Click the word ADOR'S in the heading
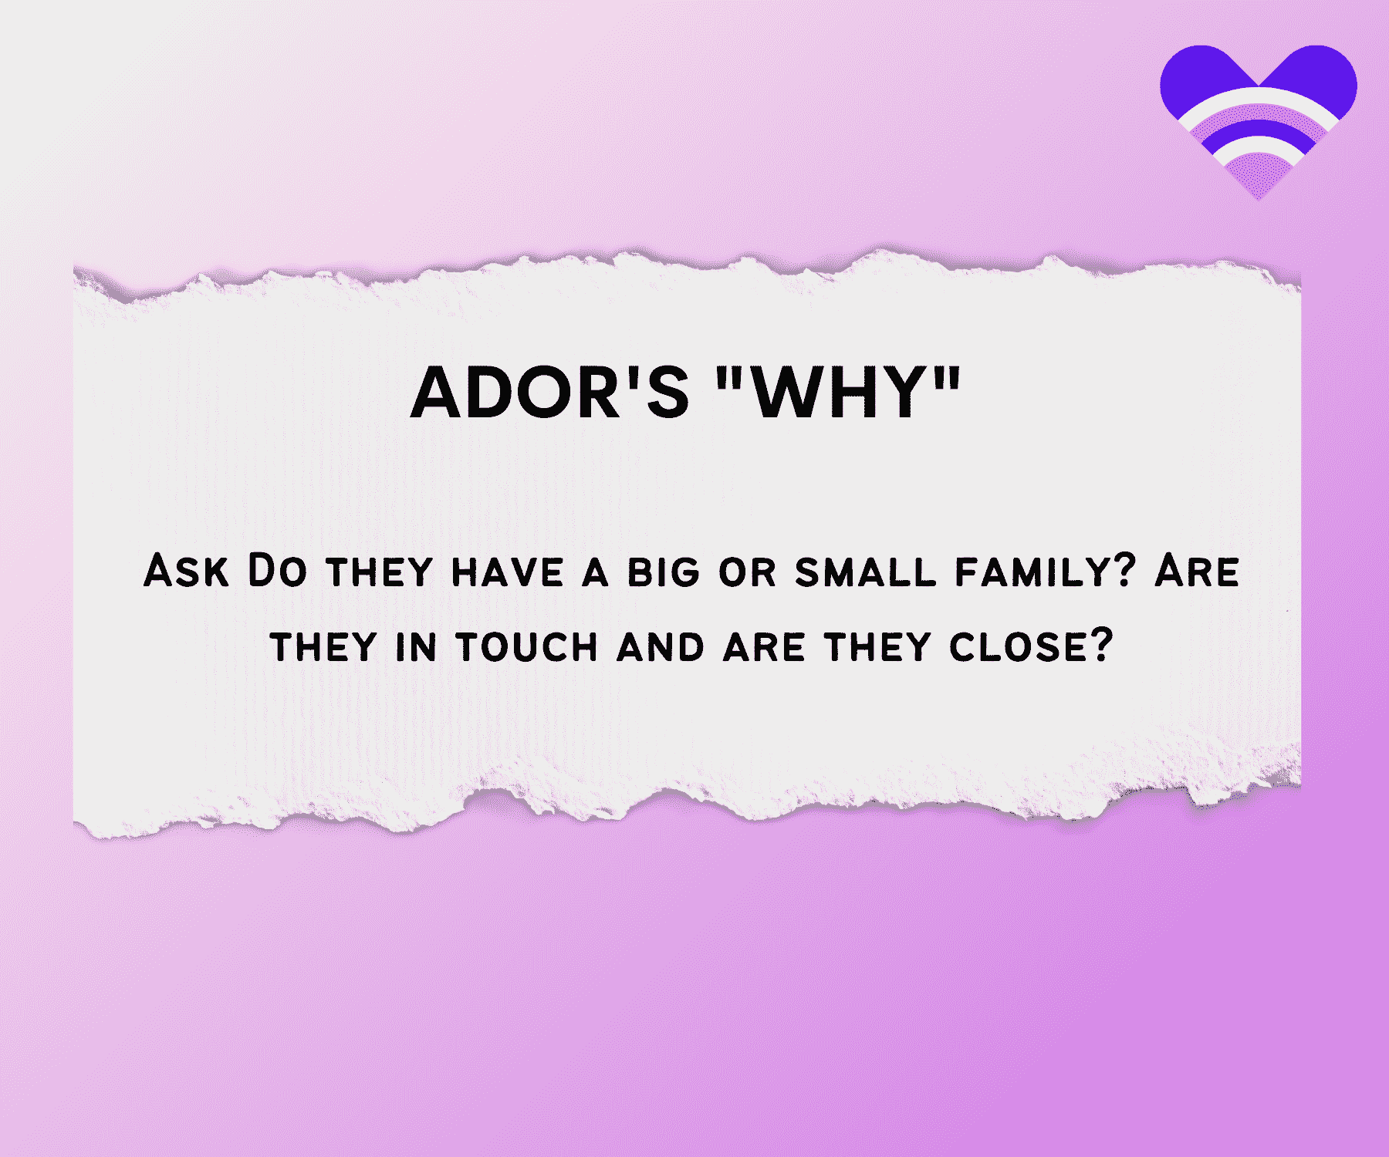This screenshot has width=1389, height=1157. point(549,393)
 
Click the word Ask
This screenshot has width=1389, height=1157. point(187,572)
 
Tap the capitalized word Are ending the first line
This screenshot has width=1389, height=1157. point(1198,572)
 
